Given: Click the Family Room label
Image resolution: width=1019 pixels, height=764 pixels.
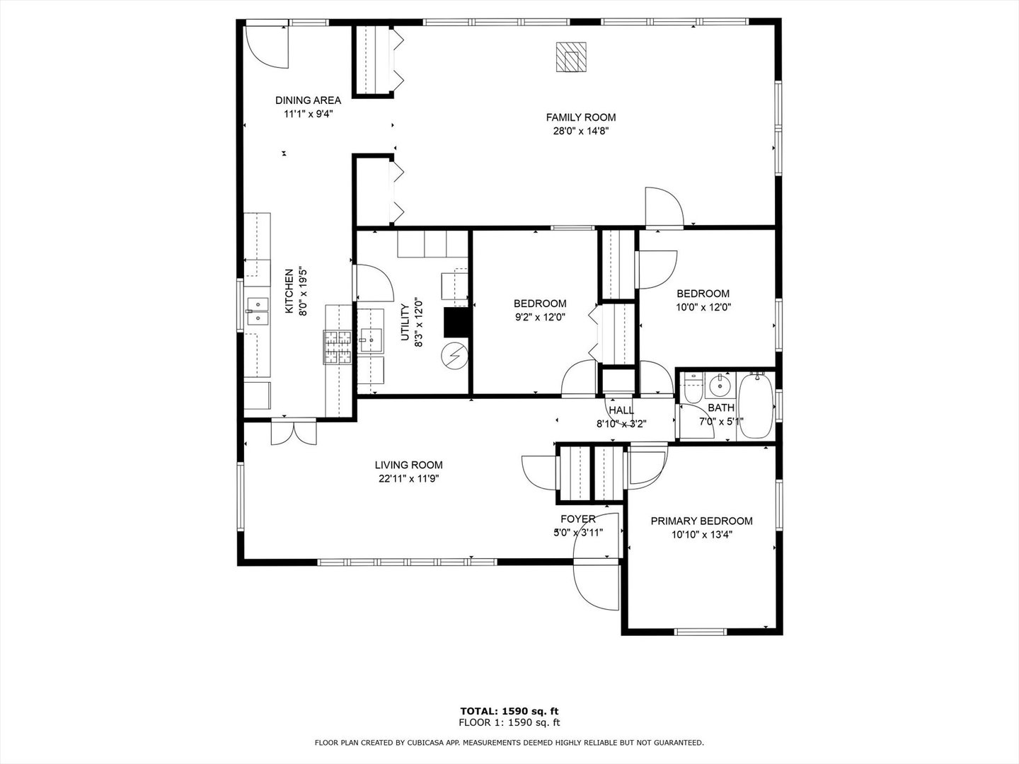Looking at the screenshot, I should (x=580, y=117).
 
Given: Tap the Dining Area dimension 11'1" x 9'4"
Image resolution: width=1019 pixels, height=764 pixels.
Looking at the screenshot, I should (x=308, y=113).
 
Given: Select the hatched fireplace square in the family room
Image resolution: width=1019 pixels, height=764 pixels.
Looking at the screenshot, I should (x=571, y=57).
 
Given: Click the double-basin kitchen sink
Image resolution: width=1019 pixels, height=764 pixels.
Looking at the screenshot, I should (x=258, y=311).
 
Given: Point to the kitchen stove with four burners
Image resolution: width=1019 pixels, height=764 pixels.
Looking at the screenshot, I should (x=338, y=347).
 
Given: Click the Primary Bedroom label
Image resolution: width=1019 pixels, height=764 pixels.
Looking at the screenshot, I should (x=701, y=521).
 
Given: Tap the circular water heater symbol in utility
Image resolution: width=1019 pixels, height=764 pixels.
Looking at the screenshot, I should (x=454, y=354).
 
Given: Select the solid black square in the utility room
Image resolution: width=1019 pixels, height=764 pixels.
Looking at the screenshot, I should (x=456, y=323).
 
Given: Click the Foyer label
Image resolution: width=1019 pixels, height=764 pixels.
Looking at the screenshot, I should (x=578, y=519).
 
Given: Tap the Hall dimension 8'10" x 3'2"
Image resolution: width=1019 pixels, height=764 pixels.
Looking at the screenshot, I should (x=621, y=424).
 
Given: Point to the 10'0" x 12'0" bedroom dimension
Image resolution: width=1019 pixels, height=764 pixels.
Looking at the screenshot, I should (x=703, y=307).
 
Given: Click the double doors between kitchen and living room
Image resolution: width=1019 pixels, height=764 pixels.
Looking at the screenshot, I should (x=294, y=432).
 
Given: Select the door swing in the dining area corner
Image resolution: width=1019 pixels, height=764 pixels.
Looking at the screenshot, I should (x=267, y=47).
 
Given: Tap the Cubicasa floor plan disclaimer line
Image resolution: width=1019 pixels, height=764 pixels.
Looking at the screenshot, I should (x=509, y=743).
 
